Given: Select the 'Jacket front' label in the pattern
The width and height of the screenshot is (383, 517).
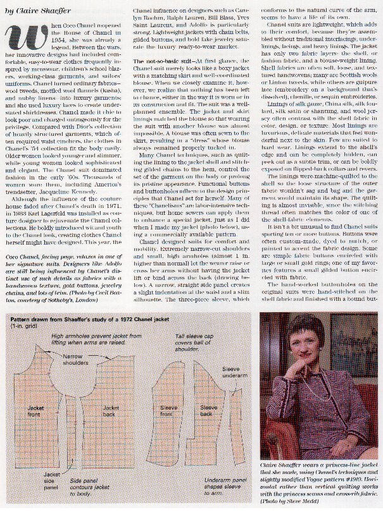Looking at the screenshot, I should tap(36, 411).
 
